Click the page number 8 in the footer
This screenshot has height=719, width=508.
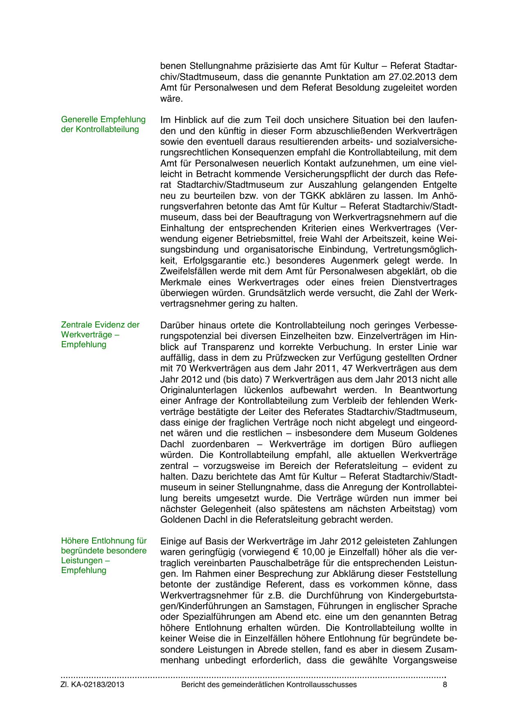point(445,685)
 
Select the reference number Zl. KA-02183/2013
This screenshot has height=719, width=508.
point(93,685)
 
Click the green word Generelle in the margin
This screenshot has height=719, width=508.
point(79,120)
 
